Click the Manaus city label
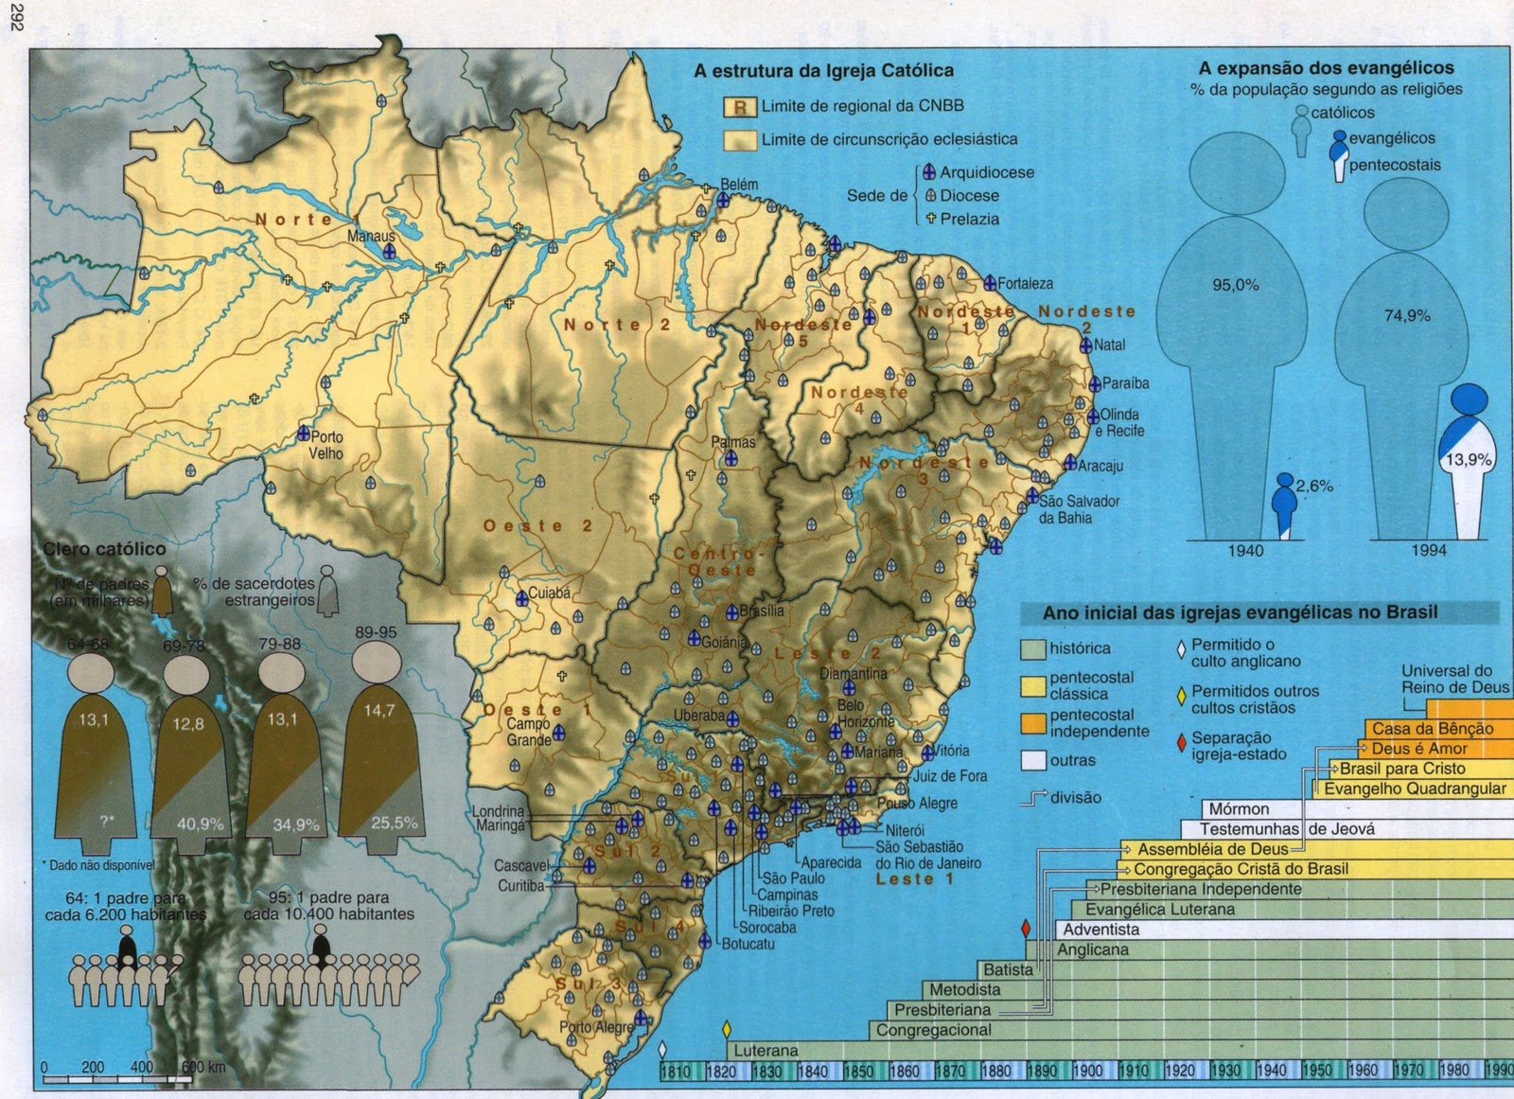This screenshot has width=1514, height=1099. [x=370, y=236]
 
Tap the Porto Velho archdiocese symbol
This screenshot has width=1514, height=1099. [x=303, y=434]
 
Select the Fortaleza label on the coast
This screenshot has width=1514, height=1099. [x=1025, y=283]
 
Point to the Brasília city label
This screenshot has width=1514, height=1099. [x=762, y=611]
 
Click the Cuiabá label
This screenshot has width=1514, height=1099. [x=549, y=594]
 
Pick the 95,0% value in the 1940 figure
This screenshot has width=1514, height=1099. [x=1235, y=285]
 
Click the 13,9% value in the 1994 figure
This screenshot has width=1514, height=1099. [x=1468, y=460]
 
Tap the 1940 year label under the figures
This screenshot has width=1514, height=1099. [x=1244, y=550]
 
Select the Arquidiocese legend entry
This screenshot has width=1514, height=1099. [x=986, y=172]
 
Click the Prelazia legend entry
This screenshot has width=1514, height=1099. [x=969, y=219]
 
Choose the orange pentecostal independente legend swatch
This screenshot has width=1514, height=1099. [x=1033, y=722]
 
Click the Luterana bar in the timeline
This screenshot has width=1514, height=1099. [x=766, y=1050]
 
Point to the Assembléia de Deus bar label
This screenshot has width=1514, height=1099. [x=1212, y=849]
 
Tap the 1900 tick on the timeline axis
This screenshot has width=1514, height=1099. [x=1087, y=1071]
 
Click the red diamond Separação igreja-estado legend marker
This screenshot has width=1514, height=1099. [x=1180, y=743]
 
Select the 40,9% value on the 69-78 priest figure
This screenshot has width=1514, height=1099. [x=200, y=824]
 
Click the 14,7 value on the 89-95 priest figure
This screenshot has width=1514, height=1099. [x=378, y=710]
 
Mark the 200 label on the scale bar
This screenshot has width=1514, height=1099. [x=93, y=1067]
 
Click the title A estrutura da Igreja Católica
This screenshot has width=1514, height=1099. [x=823, y=71]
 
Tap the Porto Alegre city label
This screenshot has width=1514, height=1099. [x=596, y=1027]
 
